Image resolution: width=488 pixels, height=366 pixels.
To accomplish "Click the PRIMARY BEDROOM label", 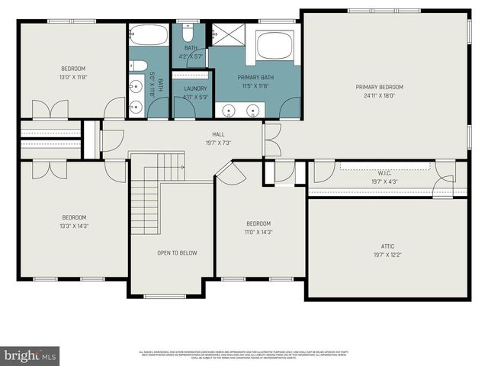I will pyautogui.click(x=379, y=87).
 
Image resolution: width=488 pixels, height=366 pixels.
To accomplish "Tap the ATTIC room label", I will pyautogui.click(x=388, y=246).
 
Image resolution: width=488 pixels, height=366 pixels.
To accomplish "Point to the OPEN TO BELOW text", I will pyautogui.click(x=177, y=252).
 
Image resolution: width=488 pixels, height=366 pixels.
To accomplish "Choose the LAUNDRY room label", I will pyautogui.click(x=195, y=89).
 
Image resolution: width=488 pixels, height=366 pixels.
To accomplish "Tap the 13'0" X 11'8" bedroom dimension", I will pyautogui.click(x=73, y=76).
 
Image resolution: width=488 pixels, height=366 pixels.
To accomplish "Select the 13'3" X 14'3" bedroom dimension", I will pyautogui.click(x=73, y=225).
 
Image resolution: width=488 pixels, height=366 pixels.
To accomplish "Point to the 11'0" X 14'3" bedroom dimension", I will pyautogui.click(x=258, y=232).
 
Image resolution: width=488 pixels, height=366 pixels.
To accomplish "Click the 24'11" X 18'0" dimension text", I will pyautogui.click(x=379, y=96).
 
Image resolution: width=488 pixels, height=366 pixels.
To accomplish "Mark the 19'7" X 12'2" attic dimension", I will pyautogui.click(x=388, y=255).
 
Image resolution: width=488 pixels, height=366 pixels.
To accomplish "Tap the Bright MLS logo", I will pyautogui.click(x=30, y=356).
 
